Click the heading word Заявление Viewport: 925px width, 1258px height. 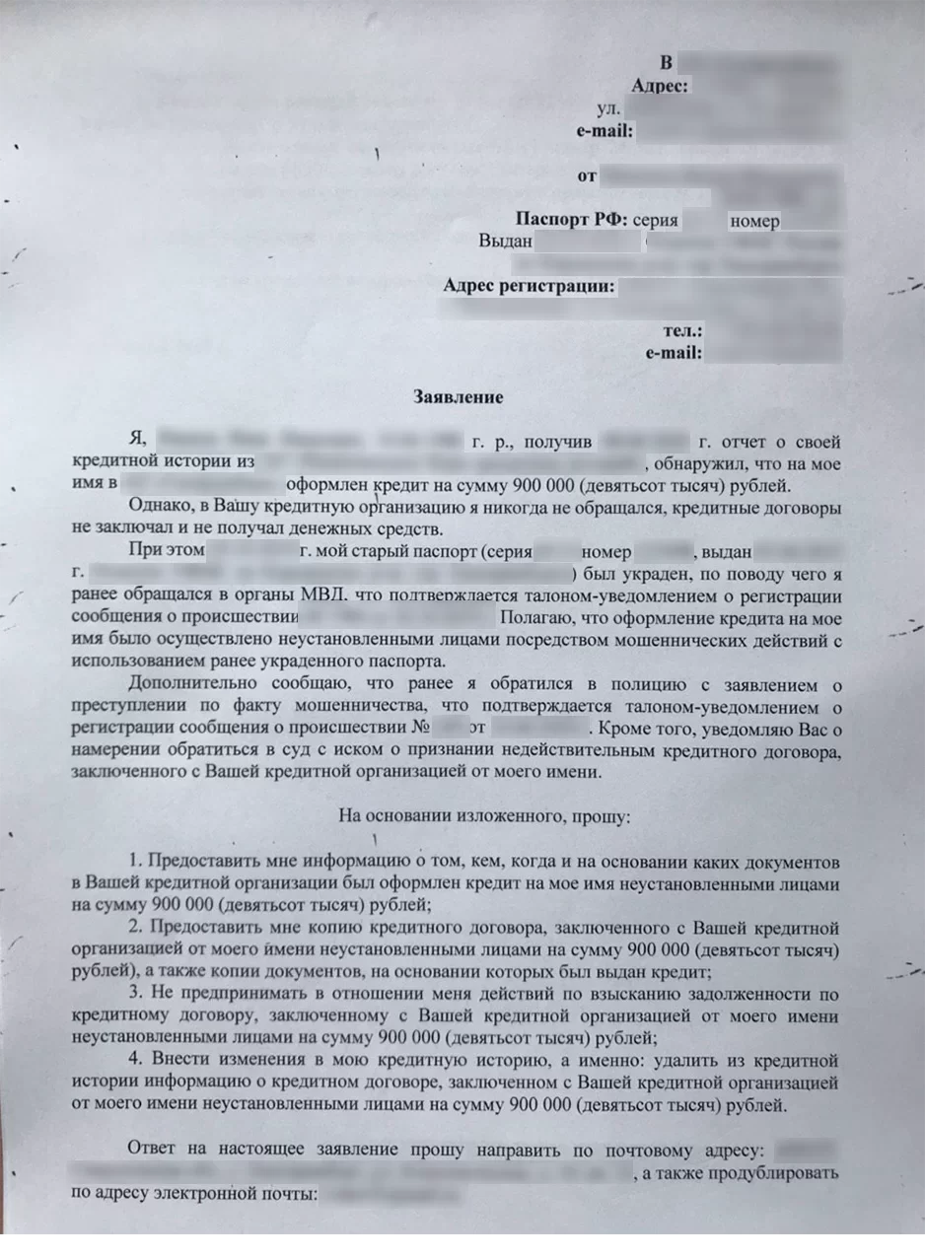[x=458, y=397]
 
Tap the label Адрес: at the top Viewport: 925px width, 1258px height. [x=659, y=86]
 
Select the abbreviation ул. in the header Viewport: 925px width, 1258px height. [x=609, y=108]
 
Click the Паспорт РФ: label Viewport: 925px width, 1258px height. [x=571, y=220]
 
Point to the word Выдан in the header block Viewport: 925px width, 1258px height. [x=505, y=241]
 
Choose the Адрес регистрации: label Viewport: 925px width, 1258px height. [x=530, y=287]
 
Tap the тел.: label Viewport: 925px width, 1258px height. [x=683, y=331]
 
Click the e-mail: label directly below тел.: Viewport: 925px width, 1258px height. [x=674, y=353]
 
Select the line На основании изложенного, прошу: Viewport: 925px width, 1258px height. [x=484, y=816]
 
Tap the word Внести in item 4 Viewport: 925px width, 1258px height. [x=177, y=1061]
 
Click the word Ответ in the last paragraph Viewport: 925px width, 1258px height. [x=152, y=1149]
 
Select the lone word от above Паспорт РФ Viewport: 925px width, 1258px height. [x=587, y=176]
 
